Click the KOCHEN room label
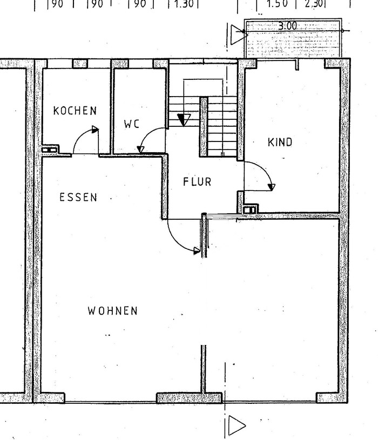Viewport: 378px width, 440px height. (75, 111)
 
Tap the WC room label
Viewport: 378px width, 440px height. (132, 124)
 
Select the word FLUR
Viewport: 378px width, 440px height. (197, 181)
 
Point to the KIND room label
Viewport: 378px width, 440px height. (280, 142)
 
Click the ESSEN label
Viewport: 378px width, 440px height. (78, 197)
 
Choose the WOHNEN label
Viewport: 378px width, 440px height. (112, 310)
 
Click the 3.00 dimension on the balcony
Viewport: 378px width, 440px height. (287, 26)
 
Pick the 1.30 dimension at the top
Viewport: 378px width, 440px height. (184, 4)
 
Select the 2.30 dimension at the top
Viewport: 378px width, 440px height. (314, 4)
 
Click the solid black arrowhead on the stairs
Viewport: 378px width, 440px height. (184, 119)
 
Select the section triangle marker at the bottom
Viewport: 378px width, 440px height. (237, 425)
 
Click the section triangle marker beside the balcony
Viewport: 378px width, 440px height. (239, 35)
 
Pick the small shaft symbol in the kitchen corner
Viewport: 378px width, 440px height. (49, 150)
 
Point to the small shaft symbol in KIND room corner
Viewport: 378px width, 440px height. (249, 210)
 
